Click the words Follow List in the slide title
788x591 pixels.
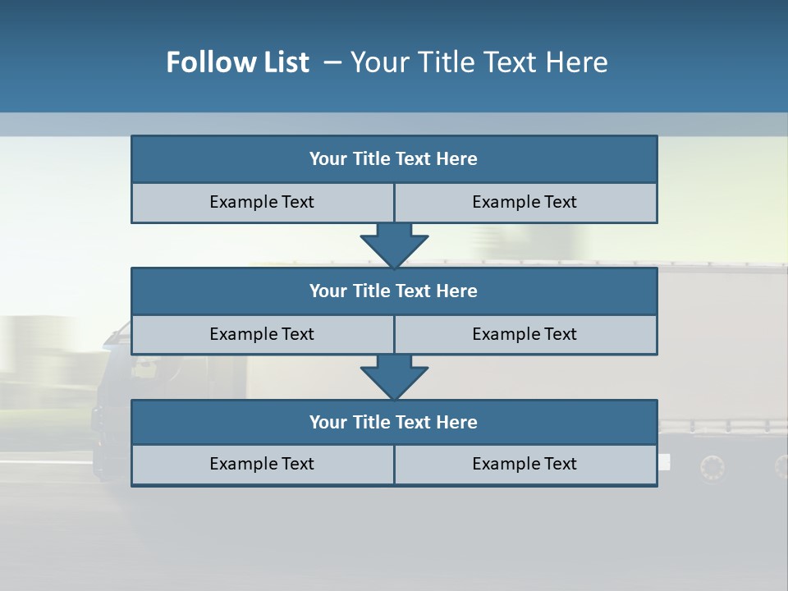click(238, 62)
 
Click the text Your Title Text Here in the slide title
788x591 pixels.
click(479, 62)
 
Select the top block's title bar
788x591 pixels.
click(394, 159)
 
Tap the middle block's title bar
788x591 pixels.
click(394, 291)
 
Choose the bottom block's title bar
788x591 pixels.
click(394, 423)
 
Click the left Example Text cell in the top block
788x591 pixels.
click(262, 203)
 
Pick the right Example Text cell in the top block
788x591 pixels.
click(525, 203)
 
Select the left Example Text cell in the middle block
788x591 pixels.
click(262, 335)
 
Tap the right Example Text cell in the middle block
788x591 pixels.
click(525, 335)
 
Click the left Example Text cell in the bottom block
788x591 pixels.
click(262, 465)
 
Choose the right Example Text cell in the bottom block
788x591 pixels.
click(525, 465)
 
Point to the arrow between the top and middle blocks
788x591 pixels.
click(394, 245)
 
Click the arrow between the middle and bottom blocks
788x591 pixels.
click(394, 377)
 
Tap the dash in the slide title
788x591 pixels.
click(332, 62)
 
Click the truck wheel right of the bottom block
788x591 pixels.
click(712, 469)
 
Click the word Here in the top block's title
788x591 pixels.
click(457, 159)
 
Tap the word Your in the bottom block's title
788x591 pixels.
click(328, 423)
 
